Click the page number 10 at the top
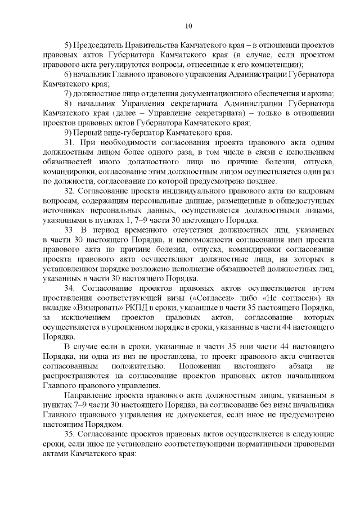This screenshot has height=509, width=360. (188, 25)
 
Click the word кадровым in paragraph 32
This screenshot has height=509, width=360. (315, 191)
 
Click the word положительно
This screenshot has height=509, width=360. (119, 367)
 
